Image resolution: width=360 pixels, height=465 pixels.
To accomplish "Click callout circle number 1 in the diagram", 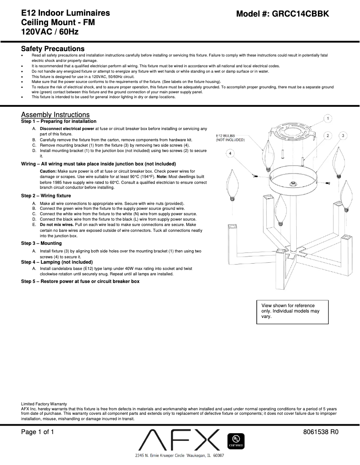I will (328, 118).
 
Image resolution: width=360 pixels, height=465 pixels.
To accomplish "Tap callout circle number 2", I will (328, 135).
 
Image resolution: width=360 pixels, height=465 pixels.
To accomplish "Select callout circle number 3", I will (343, 135).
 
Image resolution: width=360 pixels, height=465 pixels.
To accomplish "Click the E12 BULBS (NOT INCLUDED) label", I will (230, 137).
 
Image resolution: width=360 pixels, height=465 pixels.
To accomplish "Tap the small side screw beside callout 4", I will (255, 177).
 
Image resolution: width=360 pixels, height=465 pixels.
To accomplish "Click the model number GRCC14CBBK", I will (283, 14).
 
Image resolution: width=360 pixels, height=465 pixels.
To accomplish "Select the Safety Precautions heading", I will (53, 48).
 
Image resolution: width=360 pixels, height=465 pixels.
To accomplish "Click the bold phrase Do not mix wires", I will (56, 224).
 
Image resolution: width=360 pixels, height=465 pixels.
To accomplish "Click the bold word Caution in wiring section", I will (48, 171).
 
